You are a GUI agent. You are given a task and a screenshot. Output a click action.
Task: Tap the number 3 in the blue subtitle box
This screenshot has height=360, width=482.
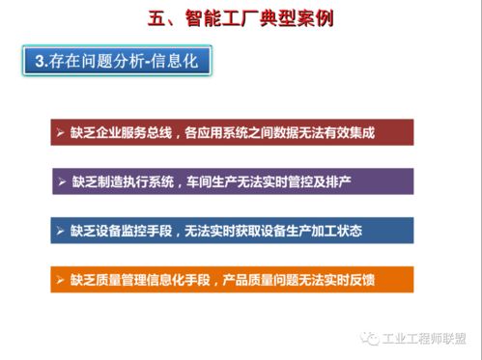pyautogui.click(x=40, y=62)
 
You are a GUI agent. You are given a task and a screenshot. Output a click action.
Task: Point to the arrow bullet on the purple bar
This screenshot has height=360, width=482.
pyautogui.click(x=60, y=181)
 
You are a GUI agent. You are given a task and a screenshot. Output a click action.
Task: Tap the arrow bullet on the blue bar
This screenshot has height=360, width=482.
pyautogui.click(x=60, y=231)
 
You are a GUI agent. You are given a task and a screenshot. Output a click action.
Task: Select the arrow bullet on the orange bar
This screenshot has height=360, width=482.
pyautogui.click(x=60, y=280)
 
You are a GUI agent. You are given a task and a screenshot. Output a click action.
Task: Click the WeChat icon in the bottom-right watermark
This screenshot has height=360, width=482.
pyautogui.click(x=370, y=339)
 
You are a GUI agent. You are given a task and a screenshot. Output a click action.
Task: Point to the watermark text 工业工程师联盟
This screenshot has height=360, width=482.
pyautogui.click(x=425, y=339)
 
